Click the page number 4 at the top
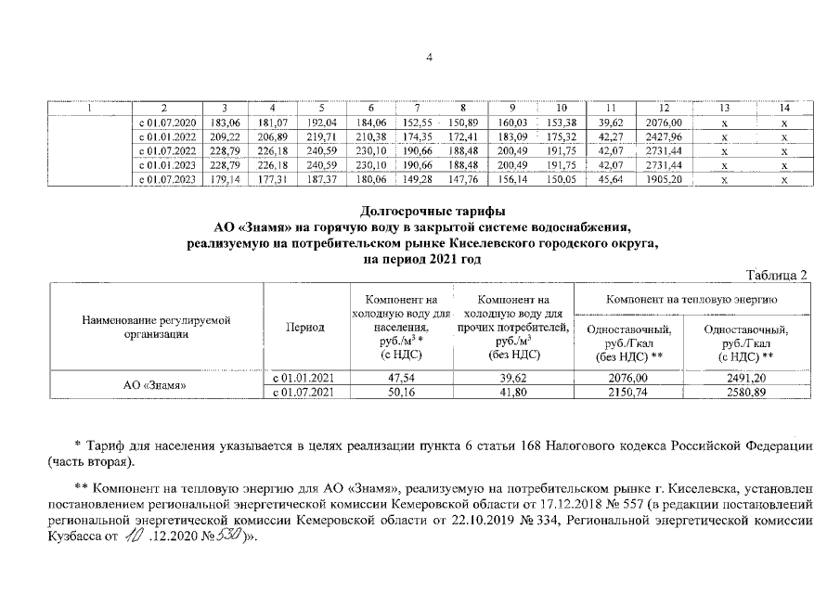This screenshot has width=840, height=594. pos(429,58)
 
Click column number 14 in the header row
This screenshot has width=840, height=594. pos(784,108)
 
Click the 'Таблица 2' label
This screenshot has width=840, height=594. pos(778,274)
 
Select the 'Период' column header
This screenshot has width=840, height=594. pos(306,328)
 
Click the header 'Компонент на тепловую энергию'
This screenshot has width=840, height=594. pos(692,301)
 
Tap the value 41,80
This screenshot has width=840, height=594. pos(512,394)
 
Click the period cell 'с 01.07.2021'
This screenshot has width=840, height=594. pos(306,394)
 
